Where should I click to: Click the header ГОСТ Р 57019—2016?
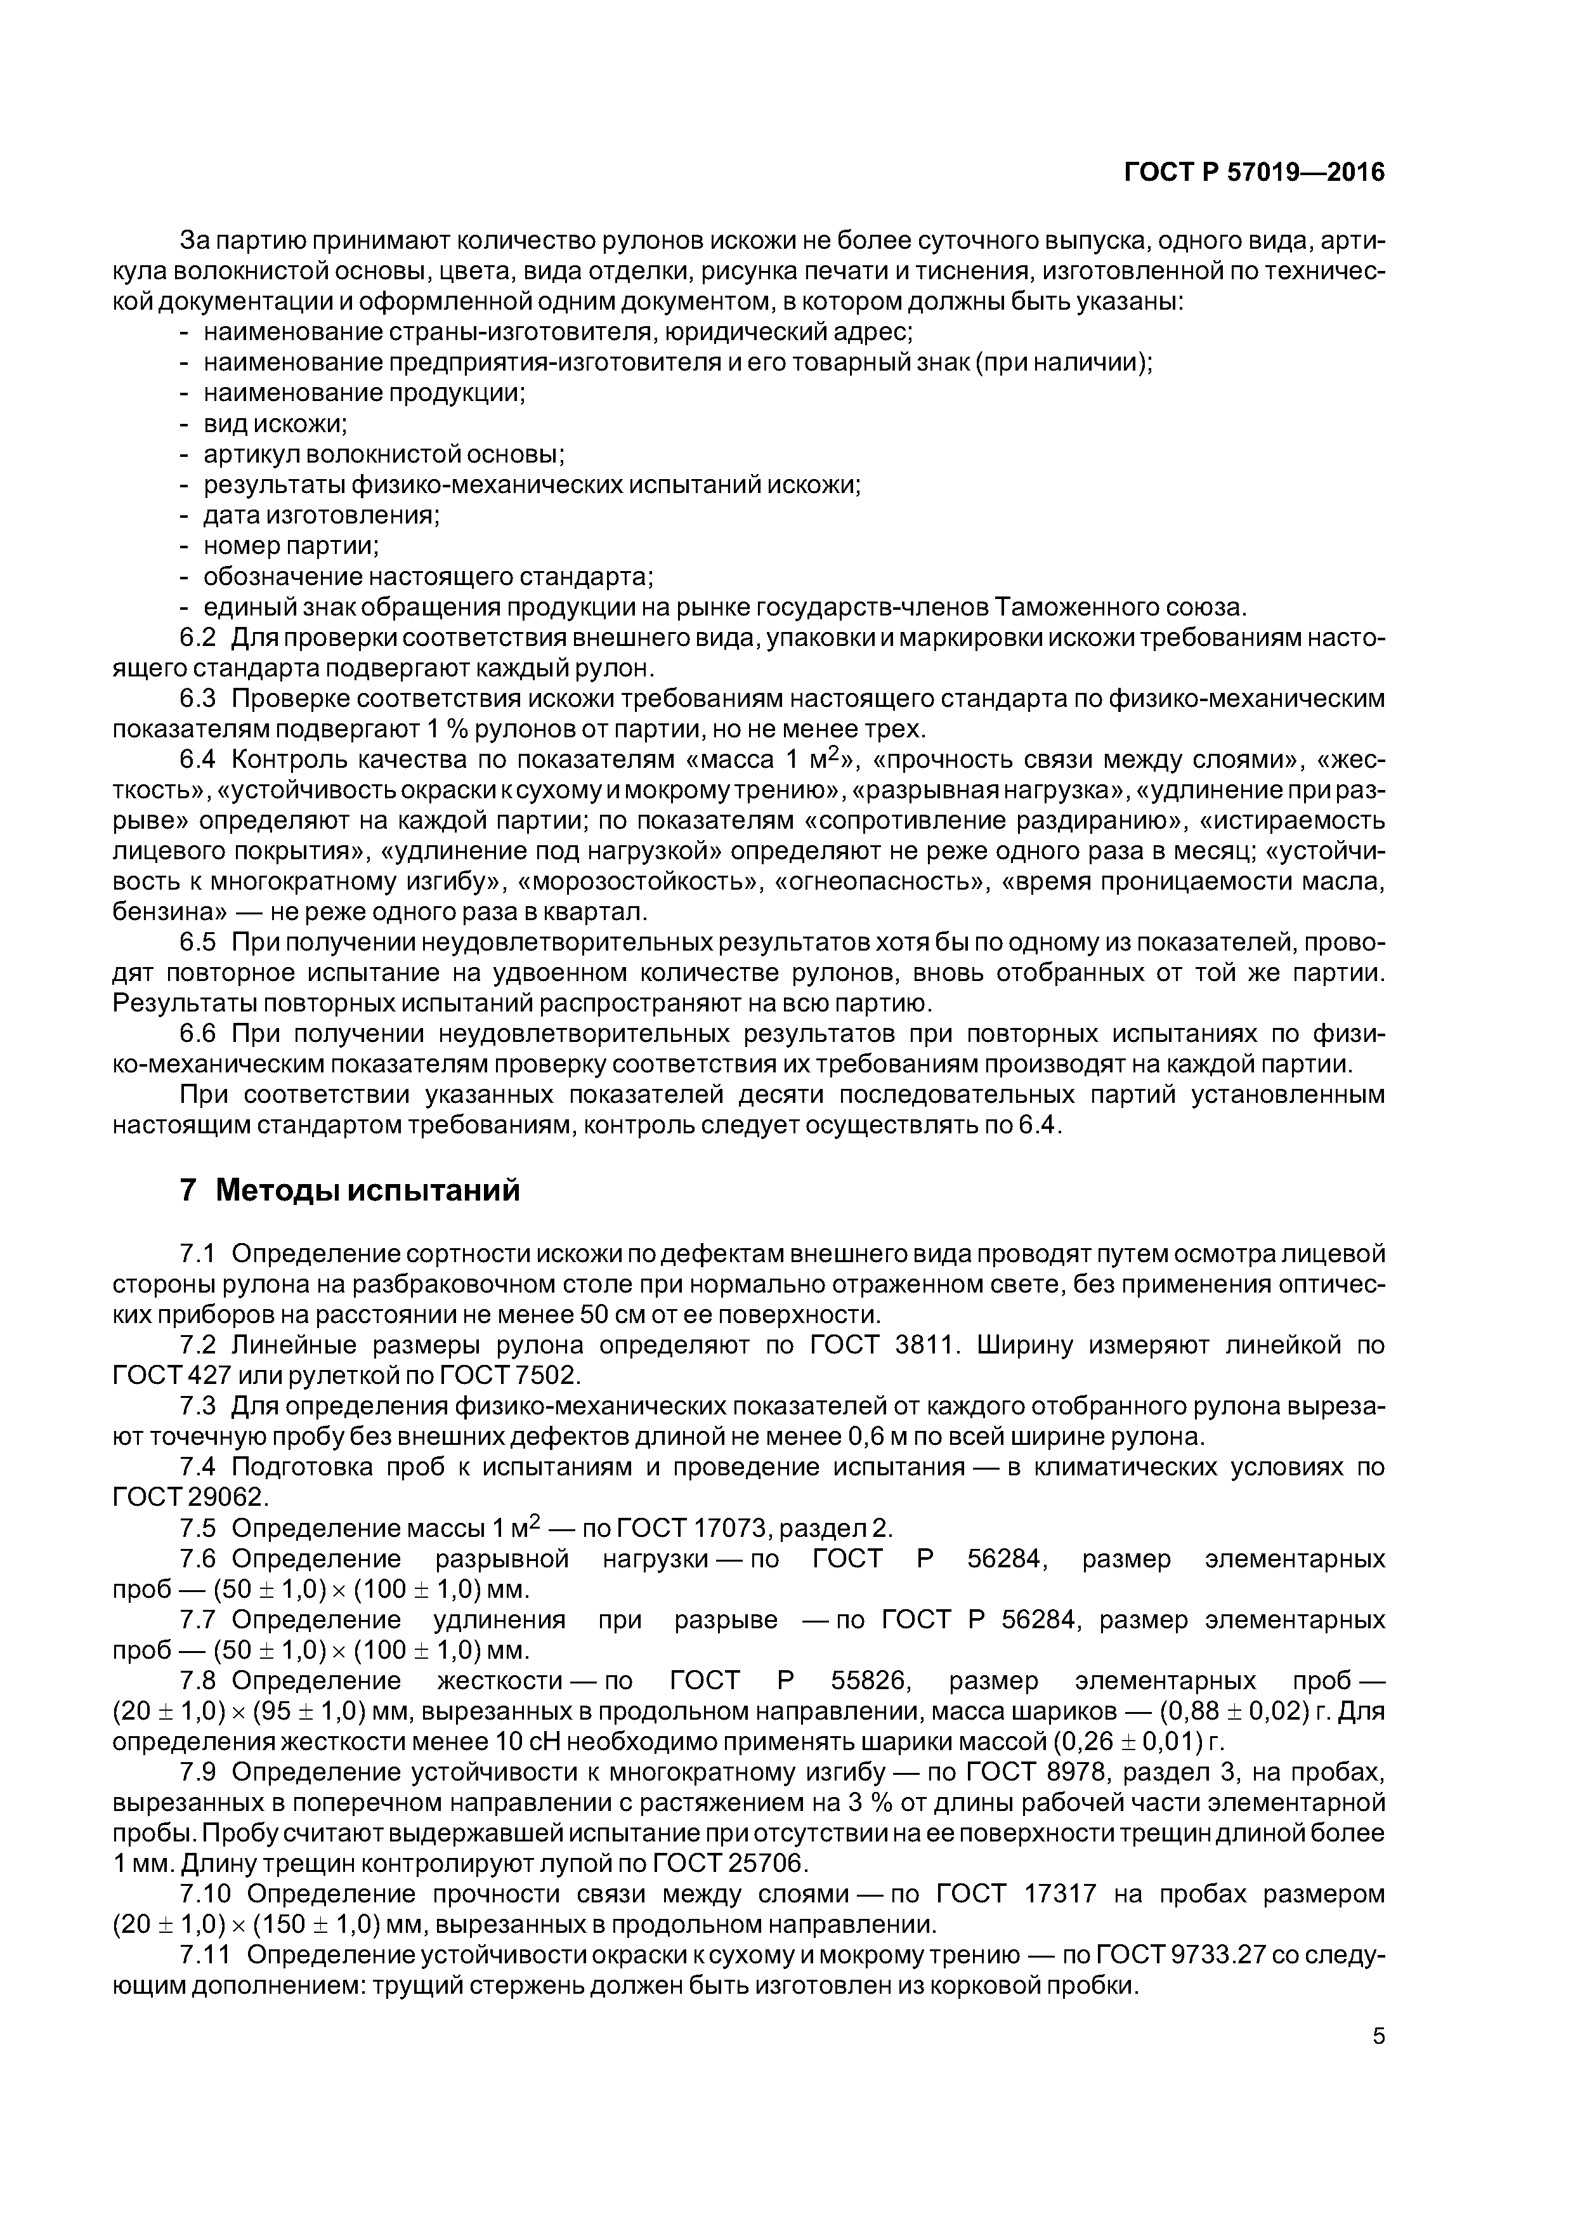tap(1253, 173)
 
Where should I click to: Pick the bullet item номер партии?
tap(290, 546)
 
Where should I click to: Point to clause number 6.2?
tap(200, 638)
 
